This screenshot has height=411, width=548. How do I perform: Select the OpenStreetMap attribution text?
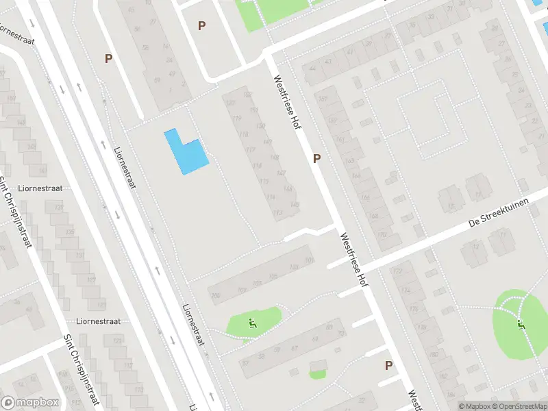pyautogui.click(x=518, y=406)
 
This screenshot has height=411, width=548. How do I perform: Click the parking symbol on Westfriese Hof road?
pyautogui.click(x=316, y=158)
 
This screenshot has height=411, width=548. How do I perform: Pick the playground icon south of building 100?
pyautogui.click(x=253, y=323)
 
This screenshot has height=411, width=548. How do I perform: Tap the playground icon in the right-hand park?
pyautogui.click(x=522, y=325)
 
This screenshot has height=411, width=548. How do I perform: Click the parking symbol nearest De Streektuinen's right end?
pyautogui.click(x=388, y=365)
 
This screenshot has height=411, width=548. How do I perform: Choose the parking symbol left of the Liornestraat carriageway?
pyautogui.click(x=108, y=59)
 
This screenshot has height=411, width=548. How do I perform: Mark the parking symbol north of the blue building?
pyautogui.click(x=201, y=26)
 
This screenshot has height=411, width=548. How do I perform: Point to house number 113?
pyautogui.click(x=278, y=214)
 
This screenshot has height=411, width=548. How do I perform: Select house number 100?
pyautogui.click(x=216, y=296)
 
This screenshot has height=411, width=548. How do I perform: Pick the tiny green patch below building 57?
pyautogui.click(x=316, y=373)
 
